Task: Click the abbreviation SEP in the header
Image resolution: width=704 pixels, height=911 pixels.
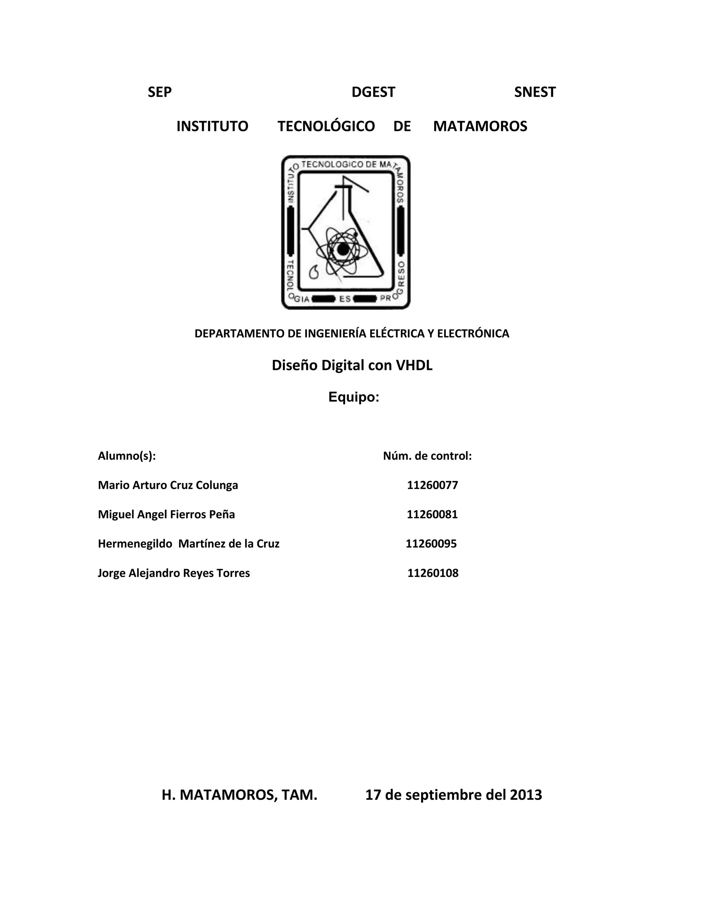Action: [160, 92]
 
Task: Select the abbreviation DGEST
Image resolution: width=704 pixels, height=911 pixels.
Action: [373, 92]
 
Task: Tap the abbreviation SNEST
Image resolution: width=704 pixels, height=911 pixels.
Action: [535, 92]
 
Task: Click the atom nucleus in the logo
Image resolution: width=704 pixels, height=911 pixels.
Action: [343, 250]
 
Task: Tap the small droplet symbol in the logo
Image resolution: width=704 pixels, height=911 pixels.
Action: [313, 272]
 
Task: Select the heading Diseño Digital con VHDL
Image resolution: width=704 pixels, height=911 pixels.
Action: [352, 365]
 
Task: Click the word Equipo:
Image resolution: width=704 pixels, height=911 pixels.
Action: [354, 397]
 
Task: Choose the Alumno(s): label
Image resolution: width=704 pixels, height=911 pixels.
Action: [127, 456]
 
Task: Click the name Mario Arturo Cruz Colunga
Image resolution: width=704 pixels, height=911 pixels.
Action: [168, 485]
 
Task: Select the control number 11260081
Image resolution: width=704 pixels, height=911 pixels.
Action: [432, 514]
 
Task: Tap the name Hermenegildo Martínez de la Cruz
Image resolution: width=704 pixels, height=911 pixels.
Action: [188, 544]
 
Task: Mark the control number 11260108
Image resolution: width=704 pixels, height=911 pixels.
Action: [433, 573]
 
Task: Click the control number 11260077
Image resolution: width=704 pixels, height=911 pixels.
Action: [432, 485]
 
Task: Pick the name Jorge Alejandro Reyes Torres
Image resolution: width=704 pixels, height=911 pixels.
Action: [174, 573]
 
